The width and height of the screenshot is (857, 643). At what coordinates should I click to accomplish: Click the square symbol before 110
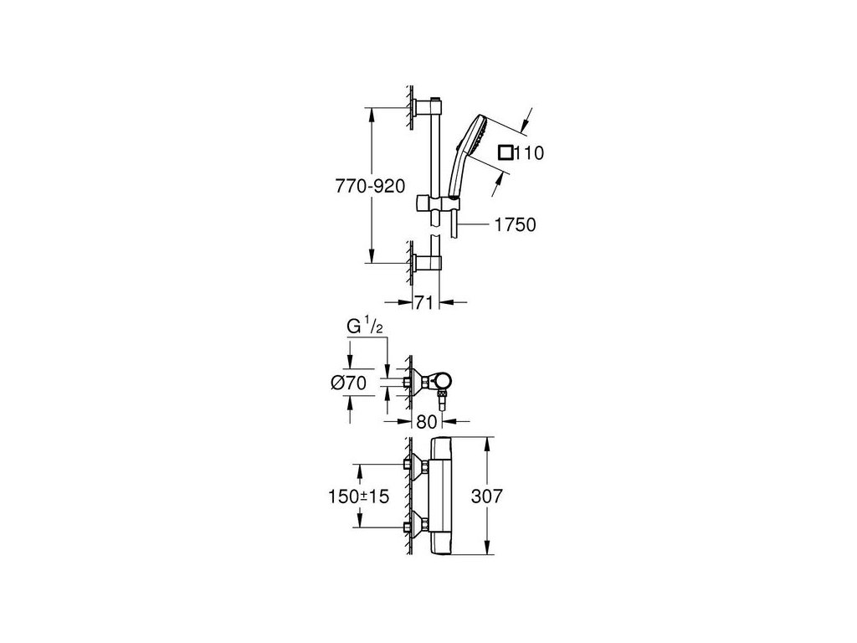coord(505,152)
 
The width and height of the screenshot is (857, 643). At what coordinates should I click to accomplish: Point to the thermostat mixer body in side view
coord(446,496)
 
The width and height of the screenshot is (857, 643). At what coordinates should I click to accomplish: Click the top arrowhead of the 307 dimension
coord(486,442)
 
